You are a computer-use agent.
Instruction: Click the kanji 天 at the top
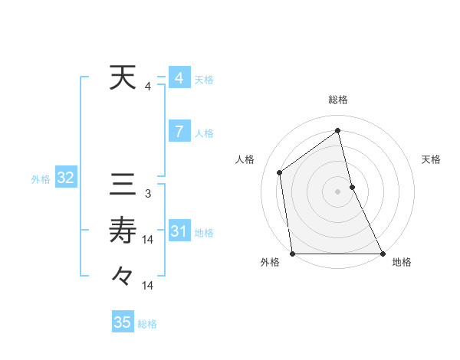pos(123,78)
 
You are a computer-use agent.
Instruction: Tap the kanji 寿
pos(123,230)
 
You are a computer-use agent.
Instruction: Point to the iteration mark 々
pos(123,275)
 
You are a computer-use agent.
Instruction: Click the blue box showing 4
pos(179,78)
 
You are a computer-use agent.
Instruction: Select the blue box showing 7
pos(179,132)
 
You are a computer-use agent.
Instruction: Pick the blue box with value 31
pos(179,231)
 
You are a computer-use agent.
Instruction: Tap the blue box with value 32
pos(65,178)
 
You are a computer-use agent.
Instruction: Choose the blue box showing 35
pos(123,322)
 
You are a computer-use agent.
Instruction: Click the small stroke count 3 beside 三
pos(147,194)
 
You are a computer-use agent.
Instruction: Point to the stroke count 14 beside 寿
pos(148,240)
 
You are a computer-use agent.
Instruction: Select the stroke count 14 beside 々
pos(148,286)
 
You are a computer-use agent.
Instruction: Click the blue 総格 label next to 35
pos(147,324)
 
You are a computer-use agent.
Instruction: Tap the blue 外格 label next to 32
pos(41,179)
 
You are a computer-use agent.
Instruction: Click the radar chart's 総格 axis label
pos(338,100)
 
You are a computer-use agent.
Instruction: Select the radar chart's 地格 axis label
pos(402,263)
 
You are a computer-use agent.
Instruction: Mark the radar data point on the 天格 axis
pos(352,187)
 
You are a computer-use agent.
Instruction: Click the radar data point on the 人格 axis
pos(280,172)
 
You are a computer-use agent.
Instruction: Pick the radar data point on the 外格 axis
pos(293,254)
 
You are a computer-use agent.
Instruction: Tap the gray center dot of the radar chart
pos(338,191)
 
